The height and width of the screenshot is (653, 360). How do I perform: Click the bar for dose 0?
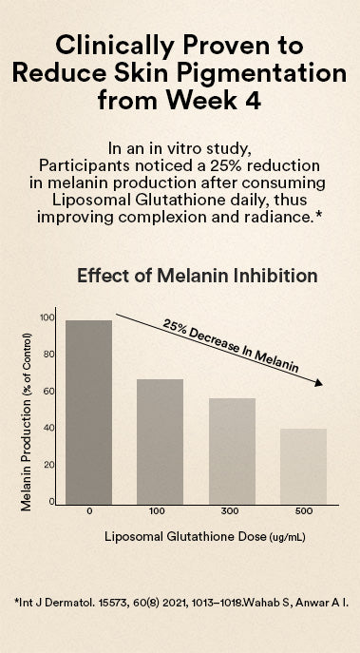click(x=88, y=413)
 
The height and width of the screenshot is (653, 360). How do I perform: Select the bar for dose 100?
click(x=160, y=442)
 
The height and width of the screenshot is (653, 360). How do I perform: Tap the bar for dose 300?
click(x=232, y=451)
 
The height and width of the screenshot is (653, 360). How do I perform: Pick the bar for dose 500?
click(x=303, y=467)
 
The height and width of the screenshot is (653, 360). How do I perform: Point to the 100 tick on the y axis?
click(x=47, y=317)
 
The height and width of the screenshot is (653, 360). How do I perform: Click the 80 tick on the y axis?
click(x=47, y=355)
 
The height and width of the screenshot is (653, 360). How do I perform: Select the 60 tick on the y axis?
click(x=47, y=392)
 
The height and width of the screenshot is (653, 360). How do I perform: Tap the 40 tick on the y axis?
click(x=47, y=428)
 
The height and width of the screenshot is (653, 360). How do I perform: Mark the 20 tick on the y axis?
click(x=47, y=465)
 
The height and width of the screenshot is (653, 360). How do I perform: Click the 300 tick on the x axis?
click(x=230, y=511)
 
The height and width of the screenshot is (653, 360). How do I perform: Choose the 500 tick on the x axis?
click(x=304, y=511)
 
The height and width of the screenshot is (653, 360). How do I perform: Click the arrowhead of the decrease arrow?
click(x=318, y=383)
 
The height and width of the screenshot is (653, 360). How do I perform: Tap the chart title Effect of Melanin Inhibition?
click(x=198, y=276)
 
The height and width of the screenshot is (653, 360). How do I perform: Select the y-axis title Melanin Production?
click(x=27, y=422)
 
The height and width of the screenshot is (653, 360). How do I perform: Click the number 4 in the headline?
click(x=253, y=100)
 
